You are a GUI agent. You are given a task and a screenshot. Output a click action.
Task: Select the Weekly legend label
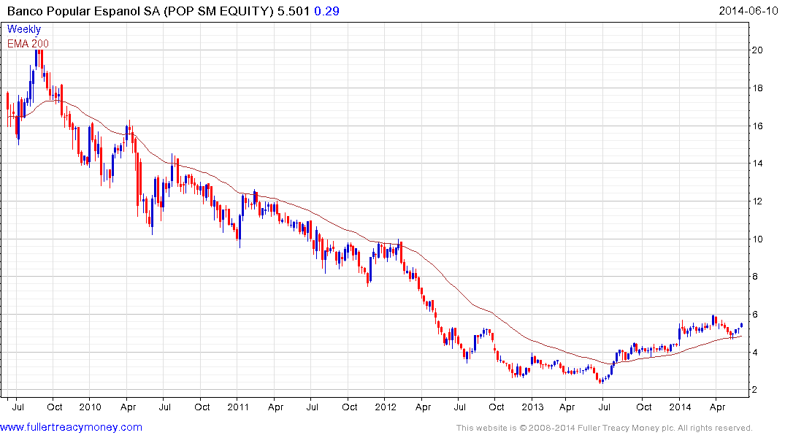24,29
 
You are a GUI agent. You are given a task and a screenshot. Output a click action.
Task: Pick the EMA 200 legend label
28,43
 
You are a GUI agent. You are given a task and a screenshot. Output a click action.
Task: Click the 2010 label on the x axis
90,407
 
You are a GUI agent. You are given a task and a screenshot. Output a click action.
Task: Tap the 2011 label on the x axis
238,407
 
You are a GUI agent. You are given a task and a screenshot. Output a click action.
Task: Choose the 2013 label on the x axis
533,407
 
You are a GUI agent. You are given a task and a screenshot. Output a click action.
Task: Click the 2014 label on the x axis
681,407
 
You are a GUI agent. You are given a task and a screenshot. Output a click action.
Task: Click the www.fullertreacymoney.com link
72,427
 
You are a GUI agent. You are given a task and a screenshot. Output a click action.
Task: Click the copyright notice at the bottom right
604,428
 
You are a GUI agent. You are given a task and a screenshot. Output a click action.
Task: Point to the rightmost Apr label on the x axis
718,407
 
